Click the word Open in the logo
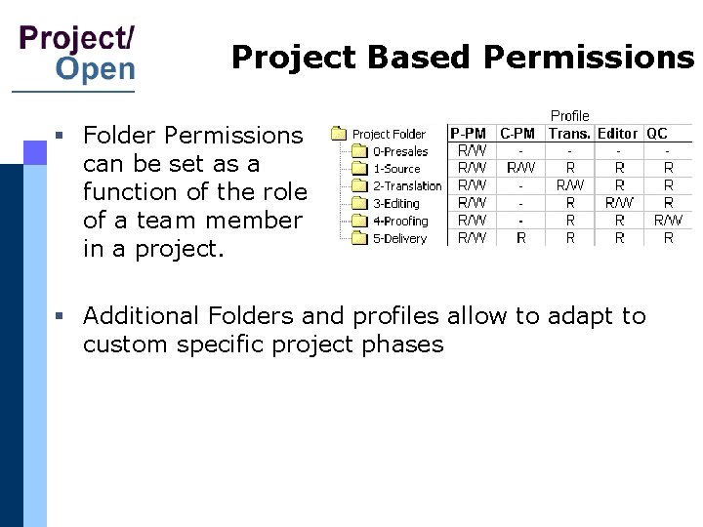(x=96, y=68)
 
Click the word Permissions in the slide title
(x=588, y=59)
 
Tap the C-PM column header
(x=517, y=134)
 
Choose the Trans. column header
(x=569, y=134)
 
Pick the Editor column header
(x=617, y=134)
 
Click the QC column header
(x=657, y=134)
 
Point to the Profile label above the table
(x=570, y=116)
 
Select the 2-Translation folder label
(x=407, y=186)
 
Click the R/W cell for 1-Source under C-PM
(x=520, y=168)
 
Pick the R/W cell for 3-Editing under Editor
(x=619, y=203)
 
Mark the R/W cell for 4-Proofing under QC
(x=668, y=221)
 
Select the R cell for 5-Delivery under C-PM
(x=520, y=237)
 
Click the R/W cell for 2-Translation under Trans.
(x=570, y=185)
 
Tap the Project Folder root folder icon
(x=339, y=134)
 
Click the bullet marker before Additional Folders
(x=61, y=316)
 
